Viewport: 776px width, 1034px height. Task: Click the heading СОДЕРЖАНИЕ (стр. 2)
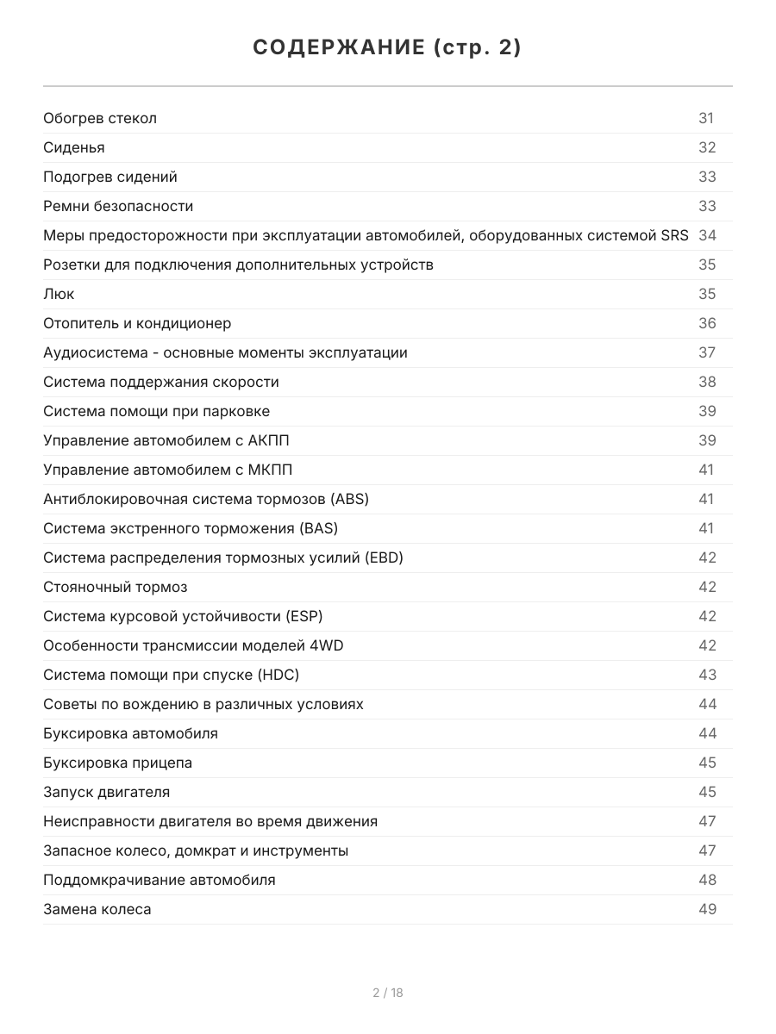387,48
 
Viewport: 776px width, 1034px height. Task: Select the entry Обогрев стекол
100,118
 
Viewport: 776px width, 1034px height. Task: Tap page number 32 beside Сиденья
707,147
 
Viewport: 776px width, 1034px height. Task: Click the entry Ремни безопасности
118,206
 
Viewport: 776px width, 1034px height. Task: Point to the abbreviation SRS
674,235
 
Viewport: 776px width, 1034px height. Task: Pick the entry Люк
59,294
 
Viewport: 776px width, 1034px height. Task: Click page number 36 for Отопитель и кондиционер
707,323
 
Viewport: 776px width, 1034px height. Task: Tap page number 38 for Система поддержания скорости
707,382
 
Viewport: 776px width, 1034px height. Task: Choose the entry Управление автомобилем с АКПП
166,440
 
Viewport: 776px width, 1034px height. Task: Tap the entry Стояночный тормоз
115,587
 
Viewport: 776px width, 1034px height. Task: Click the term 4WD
326,645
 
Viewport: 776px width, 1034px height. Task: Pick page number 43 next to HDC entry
707,675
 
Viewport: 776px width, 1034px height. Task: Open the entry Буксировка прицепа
117,763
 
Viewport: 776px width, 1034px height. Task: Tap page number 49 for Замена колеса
707,909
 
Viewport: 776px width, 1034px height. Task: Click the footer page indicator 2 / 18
387,993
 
